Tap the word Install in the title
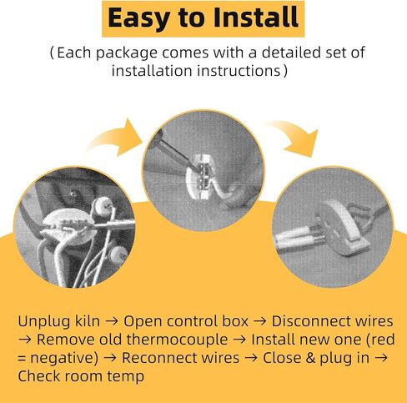(x=256, y=18)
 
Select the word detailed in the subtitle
(x=290, y=52)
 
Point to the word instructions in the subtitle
(x=239, y=70)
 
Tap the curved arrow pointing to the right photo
(x=294, y=136)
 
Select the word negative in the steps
(x=64, y=358)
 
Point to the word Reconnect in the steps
(x=158, y=358)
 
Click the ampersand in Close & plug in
(x=310, y=358)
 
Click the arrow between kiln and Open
(x=112, y=322)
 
